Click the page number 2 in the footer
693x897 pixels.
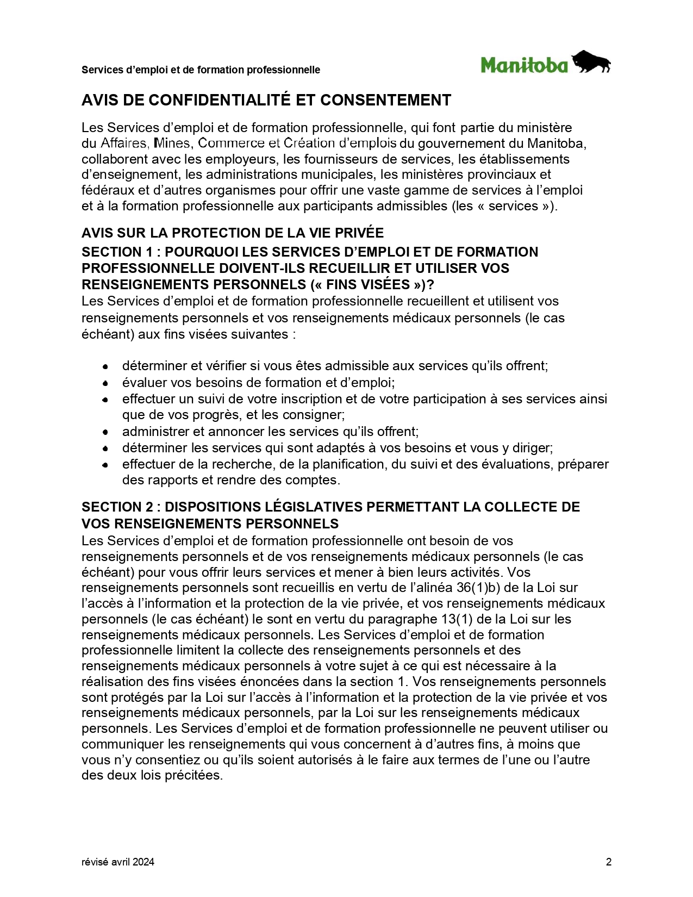point(609,862)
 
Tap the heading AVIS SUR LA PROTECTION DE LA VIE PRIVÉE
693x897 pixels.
point(233,233)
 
